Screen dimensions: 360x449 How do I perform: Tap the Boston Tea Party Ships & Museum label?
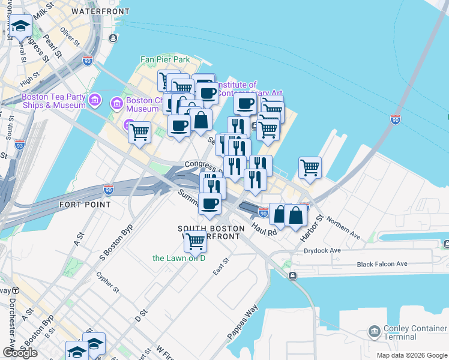[x=53, y=101]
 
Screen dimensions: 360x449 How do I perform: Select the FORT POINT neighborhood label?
[x=85, y=205]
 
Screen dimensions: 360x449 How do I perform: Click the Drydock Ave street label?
[x=322, y=250]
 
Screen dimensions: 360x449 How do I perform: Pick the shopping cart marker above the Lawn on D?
[x=195, y=241]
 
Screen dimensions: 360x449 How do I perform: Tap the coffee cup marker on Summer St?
[x=209, y=206]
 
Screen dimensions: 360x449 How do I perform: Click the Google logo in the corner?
[x=20, y=353]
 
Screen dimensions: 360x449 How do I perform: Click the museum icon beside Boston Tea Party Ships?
[x=94, y=100]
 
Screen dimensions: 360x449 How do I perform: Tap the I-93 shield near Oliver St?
[x=88, y=60]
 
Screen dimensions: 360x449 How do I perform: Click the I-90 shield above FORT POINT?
[x=109, y=190]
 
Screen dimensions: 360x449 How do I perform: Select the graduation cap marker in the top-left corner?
[x=21, y=26]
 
